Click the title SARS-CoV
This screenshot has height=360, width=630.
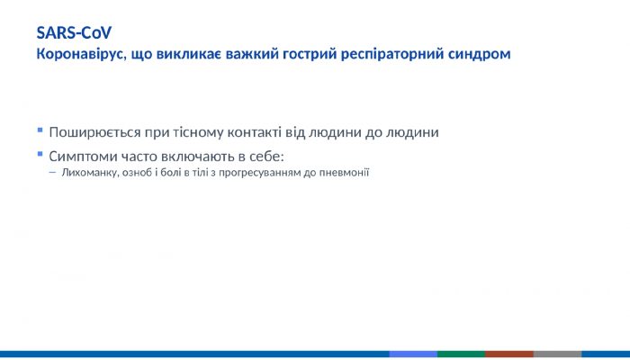(x=74, y=33)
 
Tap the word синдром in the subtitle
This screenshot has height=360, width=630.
(x=481, y=54)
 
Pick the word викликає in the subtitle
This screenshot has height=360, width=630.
(x=188, y=54)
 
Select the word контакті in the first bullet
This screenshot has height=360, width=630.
(x=252, y=132)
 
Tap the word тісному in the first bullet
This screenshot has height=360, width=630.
(x=193, y=132)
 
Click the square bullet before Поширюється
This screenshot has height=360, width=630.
(x=40, y=131)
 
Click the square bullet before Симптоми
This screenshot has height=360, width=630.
(x=40, y=155)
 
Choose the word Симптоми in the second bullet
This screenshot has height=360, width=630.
(x=85, y=156)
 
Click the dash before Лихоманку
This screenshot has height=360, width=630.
(x=52, y=173)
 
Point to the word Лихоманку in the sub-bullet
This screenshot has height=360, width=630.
(x=88, y=173)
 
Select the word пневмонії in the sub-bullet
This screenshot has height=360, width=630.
(x=346, y=173)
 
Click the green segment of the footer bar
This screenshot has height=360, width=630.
(x=461, y=355)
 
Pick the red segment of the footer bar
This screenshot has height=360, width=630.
(x=509, y=355)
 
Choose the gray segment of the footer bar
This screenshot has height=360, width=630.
(x=558, y=355)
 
